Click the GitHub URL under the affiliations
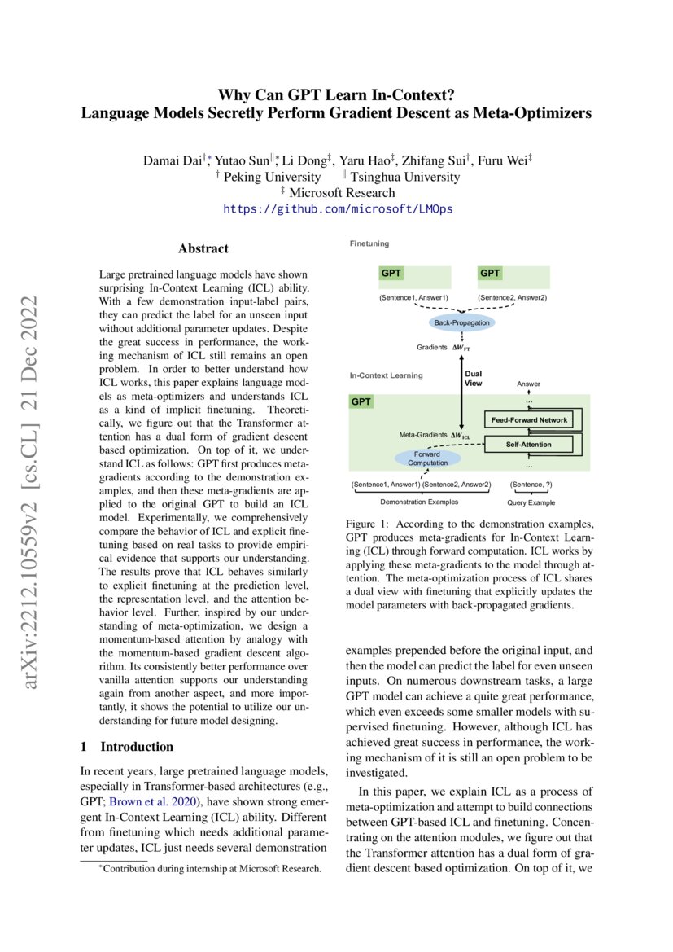tap(338, 209)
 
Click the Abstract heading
tap(203, 248)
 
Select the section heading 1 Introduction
tap(127, 747)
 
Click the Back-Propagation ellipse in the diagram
tap(462, 323)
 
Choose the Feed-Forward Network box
tap(529, 419)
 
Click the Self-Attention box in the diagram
tap(529, 445)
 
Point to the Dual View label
tap(473, 379)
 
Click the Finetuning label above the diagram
tap(369, 243)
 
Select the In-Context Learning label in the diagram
tap(386, 375)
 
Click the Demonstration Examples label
tap(420, 502)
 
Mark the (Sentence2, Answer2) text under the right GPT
tap(512, 298)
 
